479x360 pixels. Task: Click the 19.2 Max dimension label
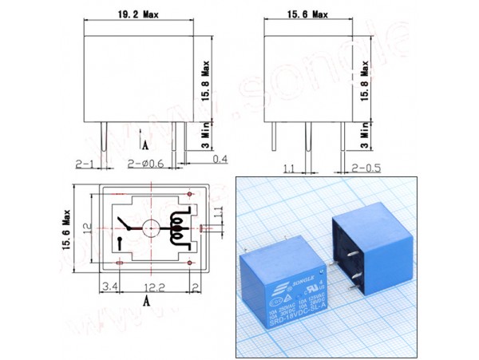tap(137, 14)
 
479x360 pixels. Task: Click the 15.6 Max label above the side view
tap(308, 14)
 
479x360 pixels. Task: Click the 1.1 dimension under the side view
tap(289, 169)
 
